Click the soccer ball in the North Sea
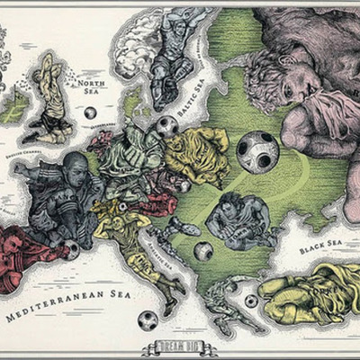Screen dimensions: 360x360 click(x=90, y=113)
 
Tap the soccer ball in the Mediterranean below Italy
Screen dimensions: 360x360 click(x=147, y=319)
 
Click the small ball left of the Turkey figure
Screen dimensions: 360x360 click(x=250, y=301)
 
